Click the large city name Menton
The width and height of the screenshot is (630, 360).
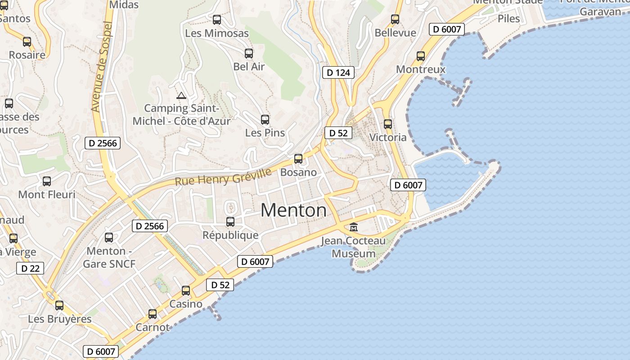(x=293, y=210)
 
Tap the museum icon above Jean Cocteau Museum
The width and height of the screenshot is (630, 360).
(x=354, y=227)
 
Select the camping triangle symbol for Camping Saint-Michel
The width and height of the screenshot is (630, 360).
(x=181, y=95)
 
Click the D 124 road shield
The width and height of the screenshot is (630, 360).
(x=338, y=72)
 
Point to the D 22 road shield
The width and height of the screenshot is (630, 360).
(x=31, y=269)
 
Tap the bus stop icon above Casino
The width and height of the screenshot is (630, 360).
(x=186, y=291)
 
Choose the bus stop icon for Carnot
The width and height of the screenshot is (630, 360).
(x=153, y=314)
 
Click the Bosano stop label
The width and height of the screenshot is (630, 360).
(x=298, y=172)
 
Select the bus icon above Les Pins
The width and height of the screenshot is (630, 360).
(x=265, y=120)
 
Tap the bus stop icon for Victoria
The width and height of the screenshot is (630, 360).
(x=388, y=124)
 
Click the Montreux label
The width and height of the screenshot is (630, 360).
(x=421, y=69)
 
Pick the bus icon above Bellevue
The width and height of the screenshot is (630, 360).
(x=395, y=19)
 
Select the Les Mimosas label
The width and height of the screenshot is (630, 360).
(x=217, y=33)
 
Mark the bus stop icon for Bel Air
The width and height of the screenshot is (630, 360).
(x=249, y=54)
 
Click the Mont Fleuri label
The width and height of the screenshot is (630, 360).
(x=47, y=194)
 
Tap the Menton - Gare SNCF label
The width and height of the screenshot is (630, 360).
(x=109, y=257)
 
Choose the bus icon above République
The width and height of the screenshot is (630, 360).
(x=230, y=221)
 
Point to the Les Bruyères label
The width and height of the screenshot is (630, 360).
(x=60, y=319)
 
